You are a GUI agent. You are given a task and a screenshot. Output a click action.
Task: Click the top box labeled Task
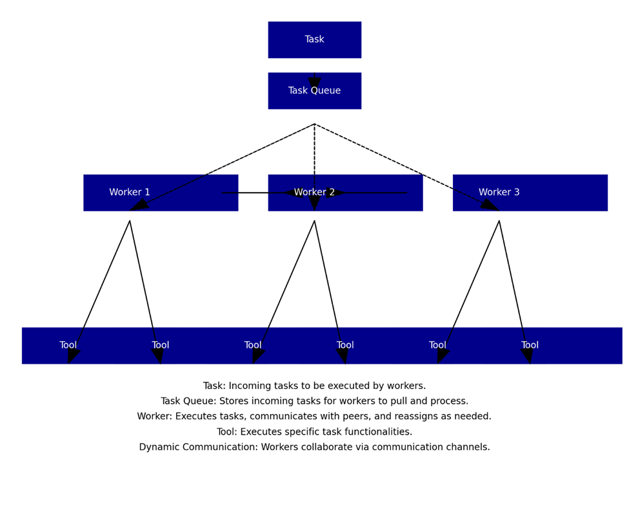315,40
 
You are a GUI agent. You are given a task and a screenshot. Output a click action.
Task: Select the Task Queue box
315,91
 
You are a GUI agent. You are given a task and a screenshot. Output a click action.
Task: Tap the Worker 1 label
130,192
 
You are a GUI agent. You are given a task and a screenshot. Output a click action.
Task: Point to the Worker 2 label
314,192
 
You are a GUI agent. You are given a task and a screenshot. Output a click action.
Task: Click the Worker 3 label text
499,192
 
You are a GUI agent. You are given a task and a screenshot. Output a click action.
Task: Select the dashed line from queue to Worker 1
222,167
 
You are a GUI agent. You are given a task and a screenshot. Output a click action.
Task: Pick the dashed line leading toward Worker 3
407,167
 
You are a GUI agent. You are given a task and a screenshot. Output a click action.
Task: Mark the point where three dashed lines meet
315,124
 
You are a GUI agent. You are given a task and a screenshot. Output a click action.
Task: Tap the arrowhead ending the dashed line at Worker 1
139,205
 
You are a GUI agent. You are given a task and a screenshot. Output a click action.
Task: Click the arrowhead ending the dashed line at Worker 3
490,205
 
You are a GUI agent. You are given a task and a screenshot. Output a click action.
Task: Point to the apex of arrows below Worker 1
130,221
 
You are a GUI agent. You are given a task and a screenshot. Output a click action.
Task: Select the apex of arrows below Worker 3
499,221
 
